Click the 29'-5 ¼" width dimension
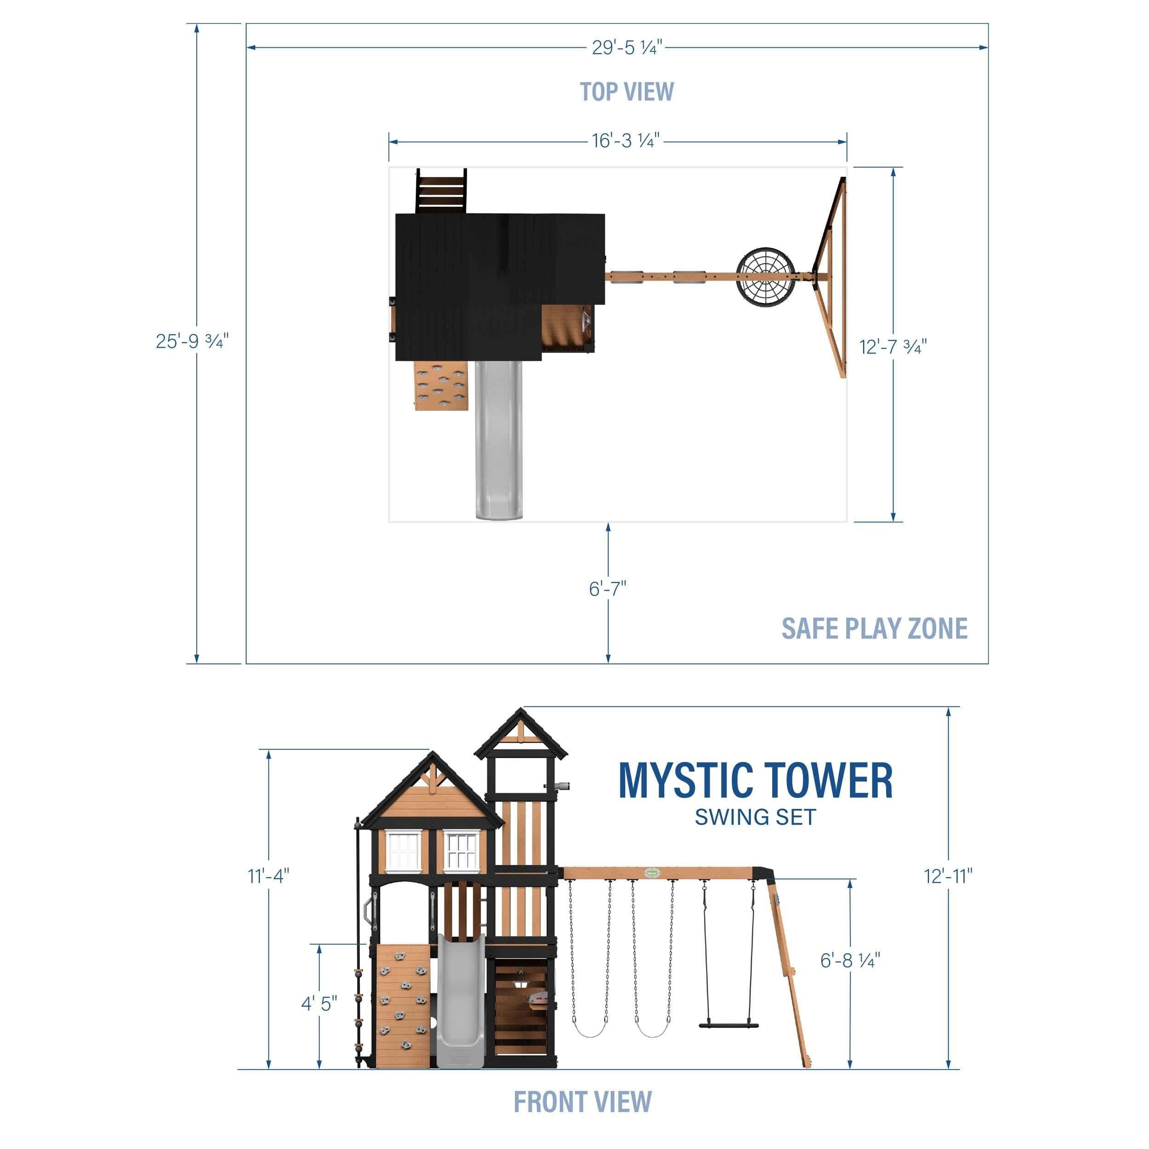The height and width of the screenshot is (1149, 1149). (x=626, y=48)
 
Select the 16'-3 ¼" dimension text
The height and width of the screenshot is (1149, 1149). (x=626, y=141)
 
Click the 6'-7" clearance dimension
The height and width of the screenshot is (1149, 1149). (x=607, y=589)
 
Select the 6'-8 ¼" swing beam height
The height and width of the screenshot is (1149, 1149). (x=850, y=960)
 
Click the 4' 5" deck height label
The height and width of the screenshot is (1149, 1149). (x=319, y=1003)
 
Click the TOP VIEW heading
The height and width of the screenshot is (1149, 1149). (x=626, y=91)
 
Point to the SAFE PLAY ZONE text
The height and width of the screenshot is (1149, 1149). (x=874, y=629)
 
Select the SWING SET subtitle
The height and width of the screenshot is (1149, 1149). (x=755, y=817)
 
